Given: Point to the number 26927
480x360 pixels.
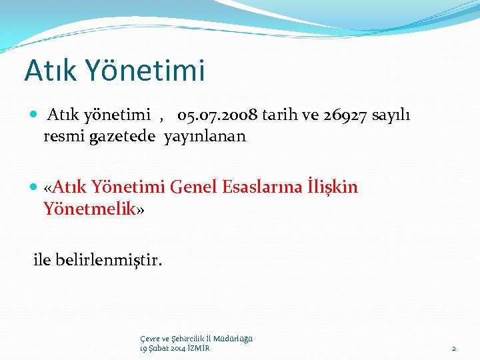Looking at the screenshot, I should coord(364,115).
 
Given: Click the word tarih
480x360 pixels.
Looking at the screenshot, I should coord(285,115).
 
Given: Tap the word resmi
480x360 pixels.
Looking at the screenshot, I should coord(63,137).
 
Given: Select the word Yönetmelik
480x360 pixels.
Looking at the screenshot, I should coord(89,209).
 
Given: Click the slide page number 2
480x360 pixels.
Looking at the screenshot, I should coord(453,348).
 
